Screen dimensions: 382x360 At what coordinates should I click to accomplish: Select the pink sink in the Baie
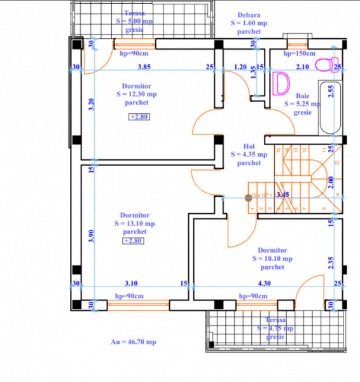(280, 83)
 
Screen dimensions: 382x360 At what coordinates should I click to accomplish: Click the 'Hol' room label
(249, 145)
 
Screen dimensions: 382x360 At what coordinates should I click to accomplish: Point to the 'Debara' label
(248, 14)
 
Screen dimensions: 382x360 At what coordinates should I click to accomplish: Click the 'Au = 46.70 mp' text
(134, 342)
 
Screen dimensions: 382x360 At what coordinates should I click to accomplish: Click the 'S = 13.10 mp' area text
(134, 223)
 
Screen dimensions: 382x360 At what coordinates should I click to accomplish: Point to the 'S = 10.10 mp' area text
(272, 259)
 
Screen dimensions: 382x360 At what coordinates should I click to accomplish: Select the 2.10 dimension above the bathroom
(303, 66)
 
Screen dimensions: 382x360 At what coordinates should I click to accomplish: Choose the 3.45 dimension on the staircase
(282, 195)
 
